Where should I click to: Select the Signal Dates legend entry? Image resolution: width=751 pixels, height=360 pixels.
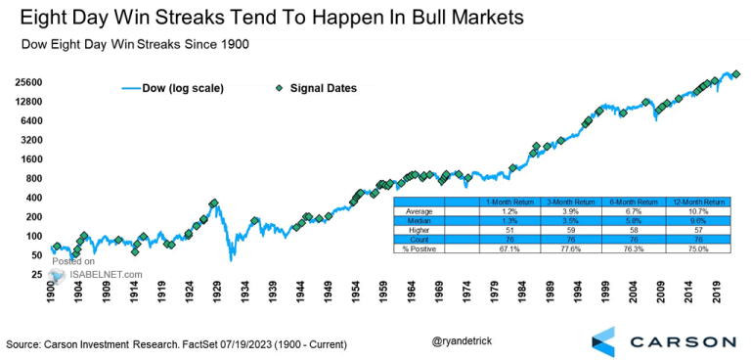coord(316,88)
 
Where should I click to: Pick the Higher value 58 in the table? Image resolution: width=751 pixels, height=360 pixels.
coord(631,230)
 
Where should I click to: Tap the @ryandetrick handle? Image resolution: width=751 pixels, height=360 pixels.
coord(462,342)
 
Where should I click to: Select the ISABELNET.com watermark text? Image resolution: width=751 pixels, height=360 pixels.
coord(105,275)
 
